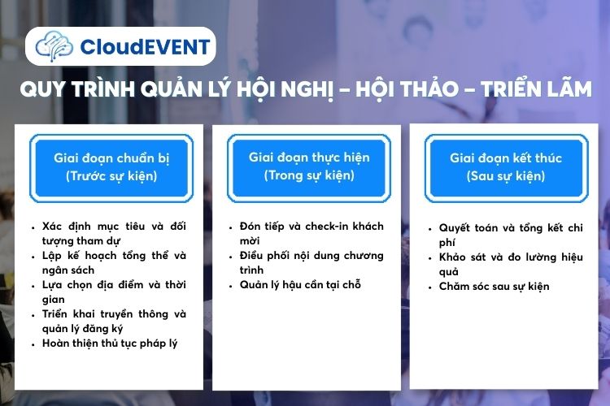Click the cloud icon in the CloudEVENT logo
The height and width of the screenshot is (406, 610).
tap(54, 45)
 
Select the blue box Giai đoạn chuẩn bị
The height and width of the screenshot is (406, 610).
tap(111, 166)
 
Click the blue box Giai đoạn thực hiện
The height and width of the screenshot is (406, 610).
tap(308, 166)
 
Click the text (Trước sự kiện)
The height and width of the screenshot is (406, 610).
tap(111, 175)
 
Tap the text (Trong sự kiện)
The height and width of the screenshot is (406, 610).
tap(308, 175)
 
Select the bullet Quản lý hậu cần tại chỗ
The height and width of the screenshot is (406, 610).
tap(300, 284)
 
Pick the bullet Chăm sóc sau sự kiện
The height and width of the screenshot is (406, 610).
tap(494, 286)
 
